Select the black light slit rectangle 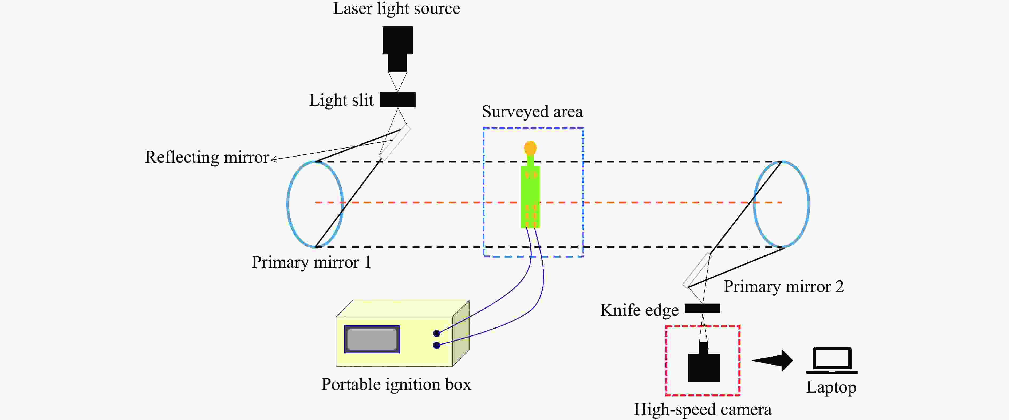click(x=397, y=100)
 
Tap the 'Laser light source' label click(x=396, y=9)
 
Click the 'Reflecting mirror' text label click(x=207, y=157)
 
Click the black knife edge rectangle click(x=702, y=309)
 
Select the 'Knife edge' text click(x=639, y=310)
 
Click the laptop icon click(x=831, y=360)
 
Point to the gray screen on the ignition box click(x=372, y=339)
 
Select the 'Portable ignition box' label click(x=396, y=384)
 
